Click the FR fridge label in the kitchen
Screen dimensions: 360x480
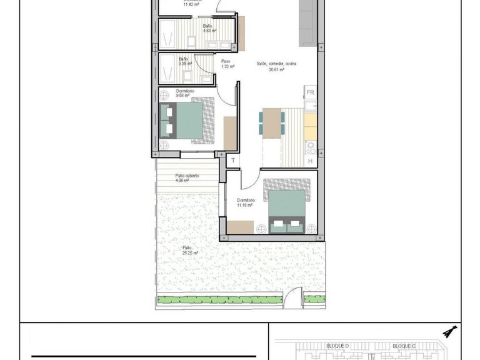[x=310, y=92]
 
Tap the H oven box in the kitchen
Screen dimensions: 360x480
[x=311, y=161]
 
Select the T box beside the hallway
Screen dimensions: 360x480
[x=232, y=161]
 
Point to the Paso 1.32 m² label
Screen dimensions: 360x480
[x=227, y=64]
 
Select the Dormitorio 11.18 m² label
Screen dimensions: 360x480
[x=244, y=202]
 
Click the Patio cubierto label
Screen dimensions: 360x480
[x=187, y=178]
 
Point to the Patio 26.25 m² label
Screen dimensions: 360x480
[x=191, y=250]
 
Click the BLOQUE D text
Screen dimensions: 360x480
[x=337, y=346]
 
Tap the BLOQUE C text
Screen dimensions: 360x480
[x=404, y=346]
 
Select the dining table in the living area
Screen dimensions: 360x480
[x=271, y=122]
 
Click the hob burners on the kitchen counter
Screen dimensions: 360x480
[x=309, y=147]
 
